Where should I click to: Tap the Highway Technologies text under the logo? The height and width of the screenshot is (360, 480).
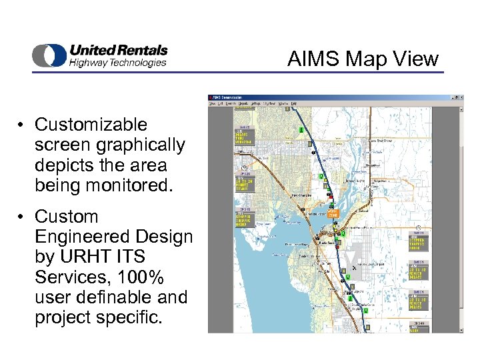click(x=117, y=63)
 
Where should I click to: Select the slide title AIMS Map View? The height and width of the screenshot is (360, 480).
click(x=363, y=59)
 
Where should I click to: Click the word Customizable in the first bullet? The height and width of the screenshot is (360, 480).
click(x=91, y=125)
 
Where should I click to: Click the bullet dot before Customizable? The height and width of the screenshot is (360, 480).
click(x=23, y=125)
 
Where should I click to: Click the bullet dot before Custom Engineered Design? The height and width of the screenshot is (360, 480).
click(x=23, y=217)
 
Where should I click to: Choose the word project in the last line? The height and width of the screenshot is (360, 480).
click(x=62, y=317)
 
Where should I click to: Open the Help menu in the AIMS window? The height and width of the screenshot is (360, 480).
click(x=294, y=104)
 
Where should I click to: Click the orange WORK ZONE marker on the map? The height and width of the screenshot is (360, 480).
click(x=333, y=214)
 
